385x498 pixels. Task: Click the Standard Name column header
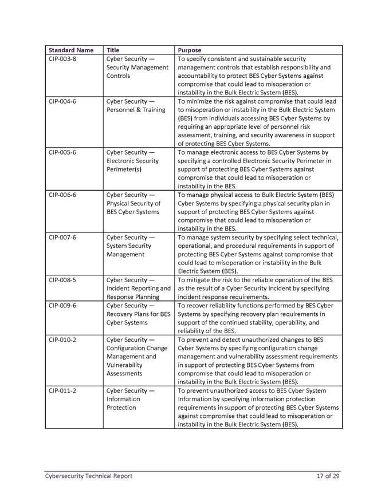tap(71, 50)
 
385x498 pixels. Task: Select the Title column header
tap(113, 50)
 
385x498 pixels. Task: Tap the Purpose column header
tap(190, 50)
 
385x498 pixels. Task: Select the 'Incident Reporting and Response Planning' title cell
tap(138, 288)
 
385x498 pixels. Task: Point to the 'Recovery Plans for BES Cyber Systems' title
tap(138, 314)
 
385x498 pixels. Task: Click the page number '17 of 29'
tap(328, 476)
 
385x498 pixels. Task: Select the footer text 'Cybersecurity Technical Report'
tap(89, 476)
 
